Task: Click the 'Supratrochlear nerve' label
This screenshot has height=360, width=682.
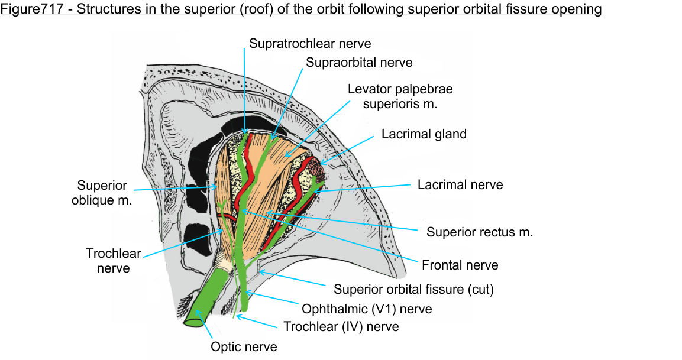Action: point(309,43)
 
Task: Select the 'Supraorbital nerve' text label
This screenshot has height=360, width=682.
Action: point(358,62)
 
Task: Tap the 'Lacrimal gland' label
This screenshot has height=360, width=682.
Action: point(424,134)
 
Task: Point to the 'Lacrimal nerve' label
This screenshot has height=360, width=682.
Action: point(460,184)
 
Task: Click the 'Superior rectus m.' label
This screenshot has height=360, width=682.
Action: point(480,232)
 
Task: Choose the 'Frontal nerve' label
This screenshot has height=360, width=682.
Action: point(460,265)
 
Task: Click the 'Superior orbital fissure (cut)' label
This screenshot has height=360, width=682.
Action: point(413,290)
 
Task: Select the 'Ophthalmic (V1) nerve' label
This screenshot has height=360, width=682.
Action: point(367,309)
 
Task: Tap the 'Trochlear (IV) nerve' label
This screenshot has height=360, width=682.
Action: point(341,327)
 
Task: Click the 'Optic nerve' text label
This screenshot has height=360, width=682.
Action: point(244,346)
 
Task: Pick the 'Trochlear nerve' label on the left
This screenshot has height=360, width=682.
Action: point(113,261)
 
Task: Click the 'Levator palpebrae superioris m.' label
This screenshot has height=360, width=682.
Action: point(400,96)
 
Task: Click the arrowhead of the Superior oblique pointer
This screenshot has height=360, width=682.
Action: point(216,187)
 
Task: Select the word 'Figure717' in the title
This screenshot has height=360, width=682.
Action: point(30,10)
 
